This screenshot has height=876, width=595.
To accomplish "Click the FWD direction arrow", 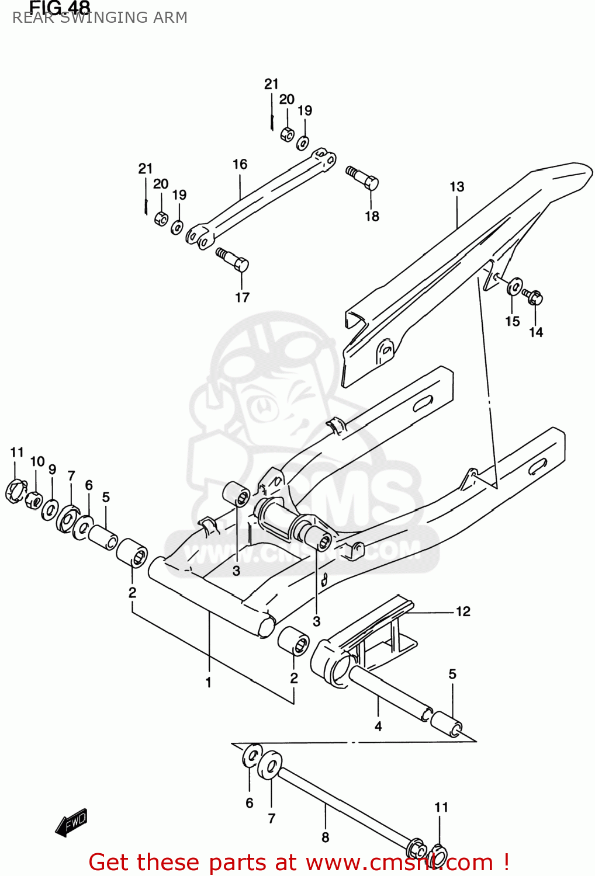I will [71, 822].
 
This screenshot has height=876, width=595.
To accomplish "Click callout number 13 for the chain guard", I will [456, 187].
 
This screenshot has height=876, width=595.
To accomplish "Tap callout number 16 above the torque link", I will [240, 165].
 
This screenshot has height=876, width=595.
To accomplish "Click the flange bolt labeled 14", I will [533, 297].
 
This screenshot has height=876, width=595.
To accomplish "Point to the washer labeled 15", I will [514, 287].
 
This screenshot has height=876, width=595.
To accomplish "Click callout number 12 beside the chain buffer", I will [463, 611].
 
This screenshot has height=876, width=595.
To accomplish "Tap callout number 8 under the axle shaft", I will [325, 837].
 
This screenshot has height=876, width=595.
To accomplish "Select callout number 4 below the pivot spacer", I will [378, 726].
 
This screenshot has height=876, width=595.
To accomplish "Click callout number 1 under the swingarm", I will [208, 682].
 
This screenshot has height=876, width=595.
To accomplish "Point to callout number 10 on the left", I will [37, 462].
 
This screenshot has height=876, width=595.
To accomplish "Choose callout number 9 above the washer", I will [52, 470].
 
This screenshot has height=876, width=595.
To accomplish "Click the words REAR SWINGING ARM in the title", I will [100, 18].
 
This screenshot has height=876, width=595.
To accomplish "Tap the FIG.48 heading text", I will [60, 7].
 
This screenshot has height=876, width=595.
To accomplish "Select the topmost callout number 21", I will [271, 84].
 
